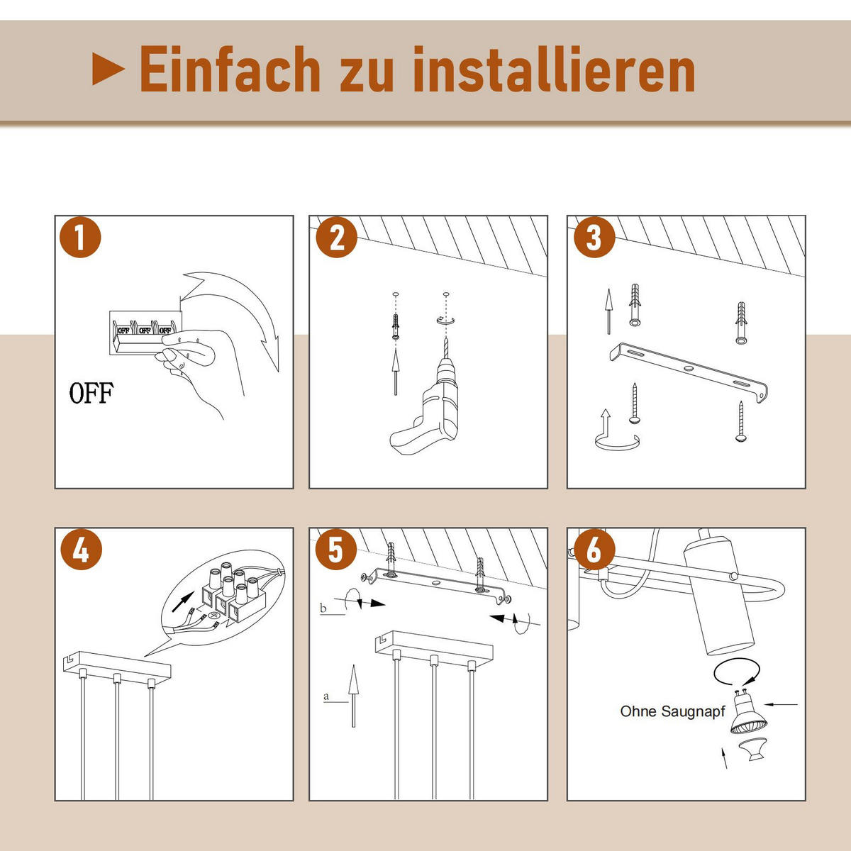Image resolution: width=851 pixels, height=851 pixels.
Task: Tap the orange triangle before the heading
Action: (109, 69)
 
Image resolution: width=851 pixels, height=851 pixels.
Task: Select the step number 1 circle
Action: (80, 238)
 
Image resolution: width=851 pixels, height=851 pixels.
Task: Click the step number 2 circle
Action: (337, 238)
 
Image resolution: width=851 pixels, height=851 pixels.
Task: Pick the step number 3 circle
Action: (594, 238)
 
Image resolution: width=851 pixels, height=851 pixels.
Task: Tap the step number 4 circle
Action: (80, 550)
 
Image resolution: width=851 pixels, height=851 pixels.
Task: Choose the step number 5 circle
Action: (337, 550)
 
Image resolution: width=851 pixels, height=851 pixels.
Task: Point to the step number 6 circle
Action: (594, 550)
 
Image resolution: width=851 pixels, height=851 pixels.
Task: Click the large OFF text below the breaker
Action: (91, 392)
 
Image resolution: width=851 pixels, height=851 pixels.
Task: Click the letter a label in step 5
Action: (326, 696)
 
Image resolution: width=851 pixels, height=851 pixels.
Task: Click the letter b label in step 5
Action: (323, 608)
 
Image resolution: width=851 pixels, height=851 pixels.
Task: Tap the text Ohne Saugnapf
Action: (672, 711)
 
